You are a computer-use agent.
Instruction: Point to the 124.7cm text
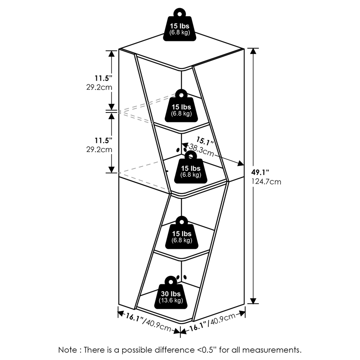[266, 182]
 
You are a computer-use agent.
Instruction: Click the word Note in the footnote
[68, 349]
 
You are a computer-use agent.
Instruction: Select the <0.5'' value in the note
[203, 349]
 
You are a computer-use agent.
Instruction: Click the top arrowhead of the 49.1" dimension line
[254, 51]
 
